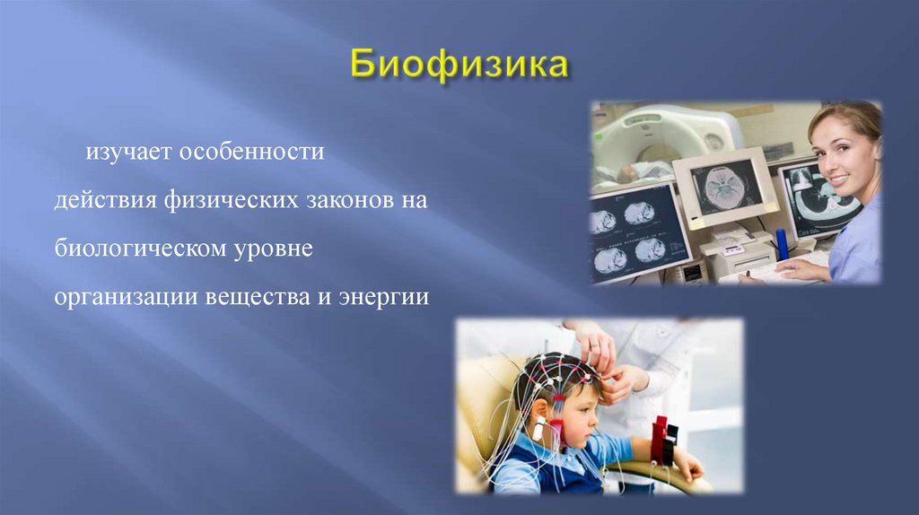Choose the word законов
click(346, 200)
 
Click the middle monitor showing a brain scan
click(722, 185)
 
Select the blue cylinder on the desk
click(782, 245)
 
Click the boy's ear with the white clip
click(540, 427)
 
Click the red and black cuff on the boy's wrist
click(662, 440)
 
